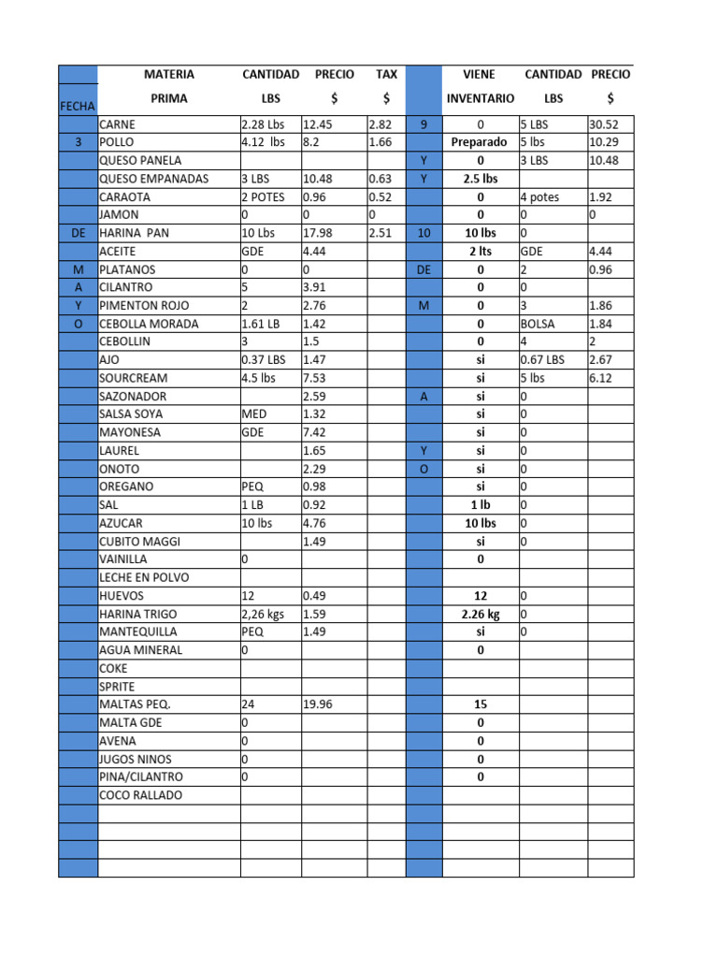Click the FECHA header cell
pyautogui.click(x=78, y=106)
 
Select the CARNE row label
pyautogui.click(x=117, y=124)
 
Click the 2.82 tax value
pyautogui.click(x=381, y=124)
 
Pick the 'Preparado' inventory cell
pyautogui.click(x=479, y=142)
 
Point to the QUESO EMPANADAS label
pyautogui.click(x=154, y=179)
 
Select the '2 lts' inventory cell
pyautogui.click(x=480, y=251)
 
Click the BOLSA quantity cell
pyautogui.click(x=538, y=324)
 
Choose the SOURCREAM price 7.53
pyautogui.click(x=316, y=378)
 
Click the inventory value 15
pyautogui.click(x=480, y=704)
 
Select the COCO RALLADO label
pyautogui.click(x=141, y=795)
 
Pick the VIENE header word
pyautogui.click(x=480, y=74)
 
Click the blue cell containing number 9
pyautogui.click(x=424, y=124)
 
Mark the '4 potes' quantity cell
pyautogui.click(x=542, y=197)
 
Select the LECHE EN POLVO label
pyautogui.click(x=144, y=577)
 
